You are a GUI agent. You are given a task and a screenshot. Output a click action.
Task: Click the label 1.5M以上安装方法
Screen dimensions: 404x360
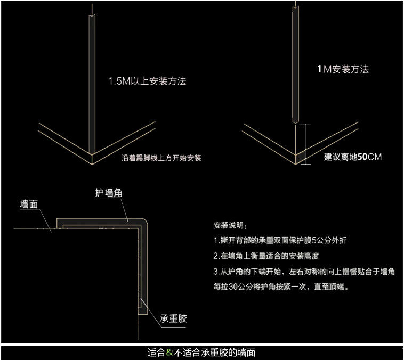pyautogui.click(x=147, y=82)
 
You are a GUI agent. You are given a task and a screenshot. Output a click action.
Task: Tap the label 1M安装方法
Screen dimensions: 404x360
pyautogui.click(x=342, y=69)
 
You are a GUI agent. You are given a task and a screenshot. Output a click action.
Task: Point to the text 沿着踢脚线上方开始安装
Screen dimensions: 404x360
pyautogui.click(x=161, y=158)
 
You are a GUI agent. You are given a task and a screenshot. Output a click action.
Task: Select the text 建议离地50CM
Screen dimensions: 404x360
pyautogui.click(x=353, y=157)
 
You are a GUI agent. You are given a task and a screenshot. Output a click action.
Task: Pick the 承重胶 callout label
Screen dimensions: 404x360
pyautogui.click(x=173, y=319)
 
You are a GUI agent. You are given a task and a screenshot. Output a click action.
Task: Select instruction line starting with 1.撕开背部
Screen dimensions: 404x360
pyautogui.click(x=279, y=240)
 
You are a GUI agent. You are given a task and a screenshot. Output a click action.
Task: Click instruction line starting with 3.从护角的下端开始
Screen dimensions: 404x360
pyautogui.click(x=303, y=272)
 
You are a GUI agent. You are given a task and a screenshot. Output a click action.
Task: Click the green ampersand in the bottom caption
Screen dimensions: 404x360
pyautogui.click(x=169, y=353)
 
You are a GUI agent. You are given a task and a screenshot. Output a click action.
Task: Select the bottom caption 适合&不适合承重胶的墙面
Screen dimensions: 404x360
pyautogui.click(x=201, y=353)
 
